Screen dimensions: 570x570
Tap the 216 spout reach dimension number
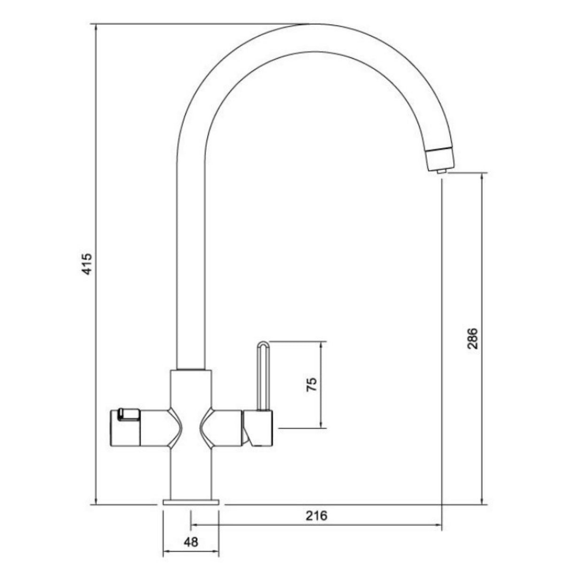click(x=316, y=516)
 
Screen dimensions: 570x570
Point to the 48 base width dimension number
click(x=190, y=542)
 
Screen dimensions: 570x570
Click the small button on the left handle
click(x=128, y=414)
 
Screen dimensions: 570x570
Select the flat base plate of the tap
click(x=191, y=502)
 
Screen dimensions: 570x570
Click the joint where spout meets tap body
click(x=191, y=369)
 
